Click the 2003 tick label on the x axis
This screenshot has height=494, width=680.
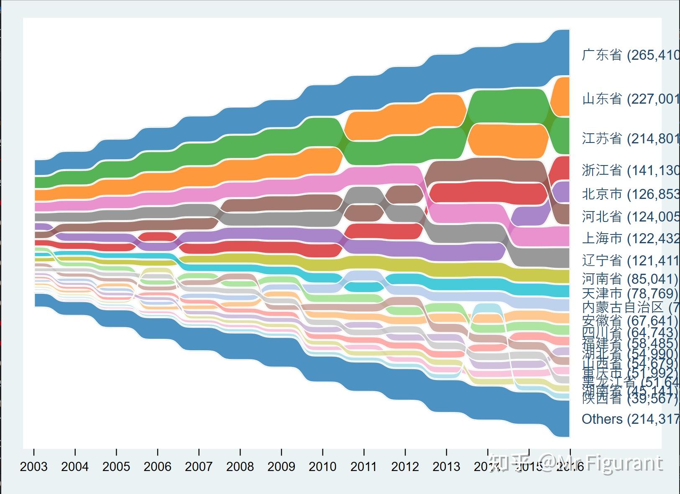tap(33, 466)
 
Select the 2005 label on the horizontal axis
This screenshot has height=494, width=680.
tap(116, 466)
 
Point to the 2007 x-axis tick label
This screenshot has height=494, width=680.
tap(199, 466)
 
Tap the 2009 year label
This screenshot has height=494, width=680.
tap(281, 466)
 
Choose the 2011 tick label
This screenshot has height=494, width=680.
tap(364, 466)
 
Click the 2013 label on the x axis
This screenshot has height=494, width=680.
tap(446, 466)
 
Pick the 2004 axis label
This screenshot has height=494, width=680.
tap(75, 466)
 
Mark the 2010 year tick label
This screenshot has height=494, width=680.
tap(322, 466)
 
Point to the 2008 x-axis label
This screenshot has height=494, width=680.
tap(240, 466)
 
